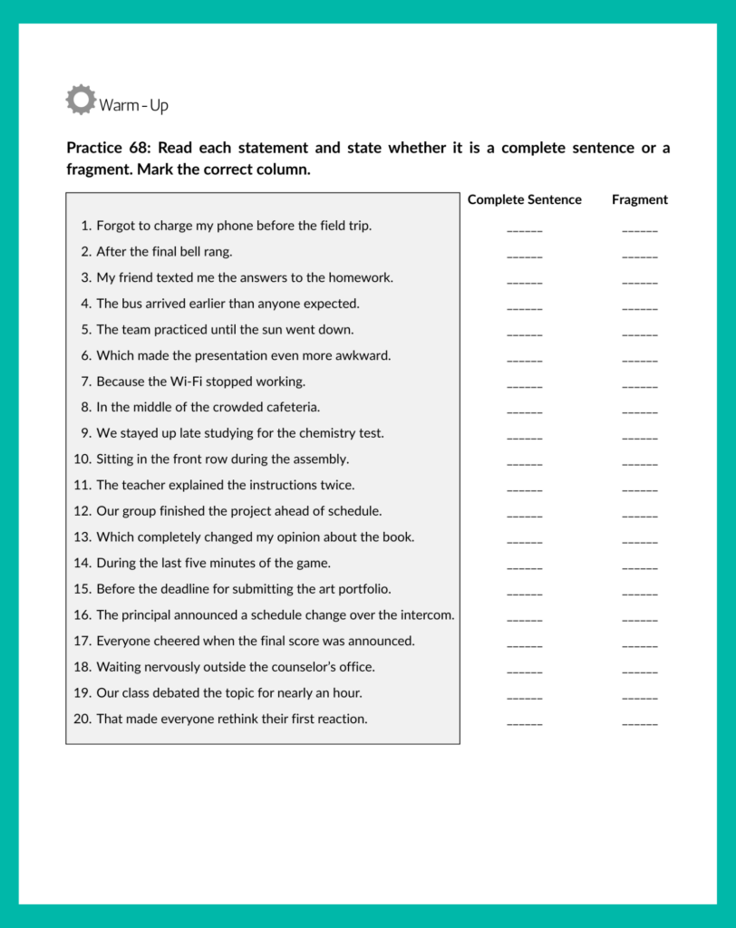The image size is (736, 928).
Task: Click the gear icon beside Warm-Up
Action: (x=81, y=100)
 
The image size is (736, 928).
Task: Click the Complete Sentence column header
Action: (x=524, y=199)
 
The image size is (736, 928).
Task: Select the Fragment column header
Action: (x=639, y=199)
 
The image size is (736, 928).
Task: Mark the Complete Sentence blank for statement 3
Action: (x=524, y=282)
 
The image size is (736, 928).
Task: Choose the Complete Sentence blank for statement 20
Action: (x=524, y=723)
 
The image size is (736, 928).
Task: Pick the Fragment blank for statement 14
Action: (x=639, y=567)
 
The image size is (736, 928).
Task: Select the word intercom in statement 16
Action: (x=426, y=614)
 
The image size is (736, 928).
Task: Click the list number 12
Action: (x=82, y=511)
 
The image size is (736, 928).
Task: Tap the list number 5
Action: (x=86, y=329)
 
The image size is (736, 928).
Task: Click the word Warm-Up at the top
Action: (x=133, y=105)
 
